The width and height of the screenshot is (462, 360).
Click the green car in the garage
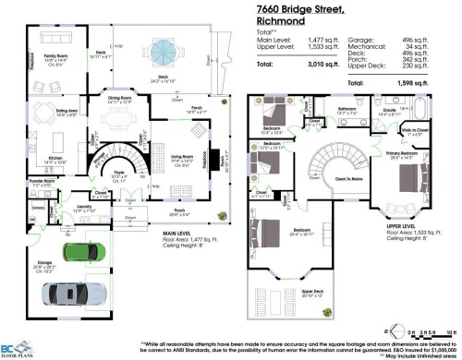(80, 252)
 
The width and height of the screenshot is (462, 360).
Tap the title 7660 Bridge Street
(301, 8)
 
